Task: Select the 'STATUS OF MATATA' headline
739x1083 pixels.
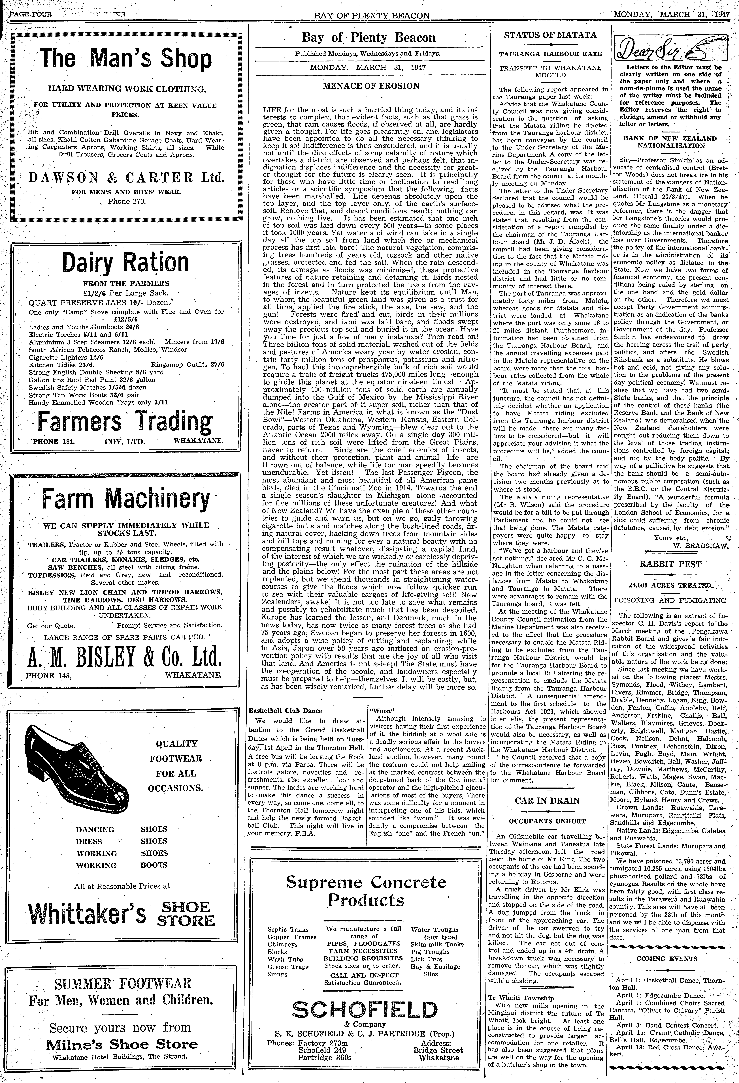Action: click(x=550, y=35)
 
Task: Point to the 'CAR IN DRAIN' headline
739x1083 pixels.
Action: click(x=547, y=801)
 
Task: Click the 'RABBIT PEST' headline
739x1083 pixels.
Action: click(x=670, y=564)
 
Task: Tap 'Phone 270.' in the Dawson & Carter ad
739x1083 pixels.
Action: click(x=127, y=202)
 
